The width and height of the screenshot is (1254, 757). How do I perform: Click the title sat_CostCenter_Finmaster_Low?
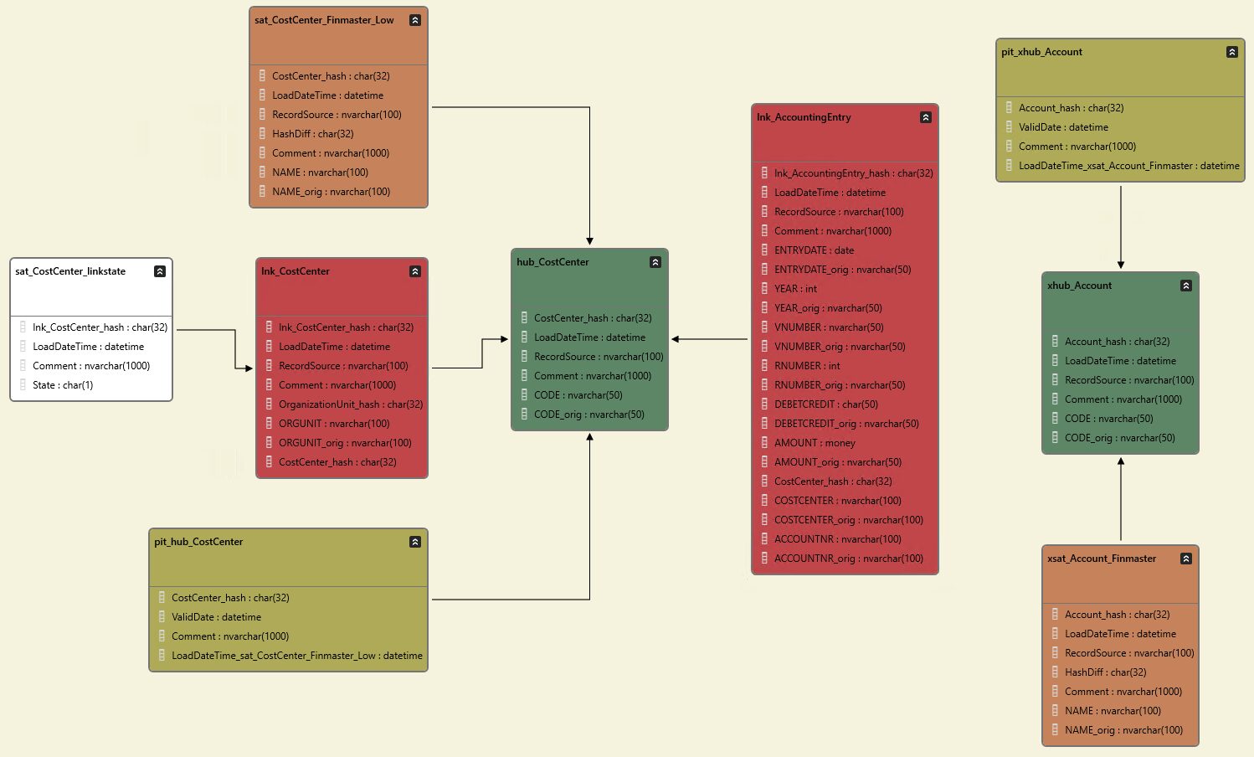tap(324, 20)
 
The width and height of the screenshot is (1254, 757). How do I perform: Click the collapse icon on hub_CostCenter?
tap(655, 262)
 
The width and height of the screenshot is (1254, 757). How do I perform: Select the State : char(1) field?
tap(63, 385)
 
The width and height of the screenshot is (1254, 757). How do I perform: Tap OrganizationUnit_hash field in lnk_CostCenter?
tap(350, 404)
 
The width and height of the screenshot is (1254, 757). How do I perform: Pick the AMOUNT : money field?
tap(815, 443)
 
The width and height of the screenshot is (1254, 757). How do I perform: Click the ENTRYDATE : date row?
tap(814, 250)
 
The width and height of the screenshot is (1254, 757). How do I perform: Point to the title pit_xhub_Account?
tap(1041, 52)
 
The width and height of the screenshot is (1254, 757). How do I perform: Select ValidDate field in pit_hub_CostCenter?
tap(216, 617)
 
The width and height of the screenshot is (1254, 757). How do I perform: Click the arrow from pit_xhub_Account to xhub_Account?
tap(1121, 226)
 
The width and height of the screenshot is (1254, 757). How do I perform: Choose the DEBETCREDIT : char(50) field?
tap(825, 404)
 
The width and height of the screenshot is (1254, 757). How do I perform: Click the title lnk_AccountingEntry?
tap(804, 117)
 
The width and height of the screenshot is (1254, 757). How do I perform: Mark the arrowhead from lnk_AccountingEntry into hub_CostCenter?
tap(676, 339)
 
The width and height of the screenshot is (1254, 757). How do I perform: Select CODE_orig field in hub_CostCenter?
tap(588, 415)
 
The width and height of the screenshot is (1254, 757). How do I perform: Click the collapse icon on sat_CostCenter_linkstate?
tap(160, 271)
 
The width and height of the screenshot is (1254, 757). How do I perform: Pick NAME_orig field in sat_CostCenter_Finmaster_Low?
tap(331, 192)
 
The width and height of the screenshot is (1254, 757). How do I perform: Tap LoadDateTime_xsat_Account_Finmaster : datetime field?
tap(1128, 166)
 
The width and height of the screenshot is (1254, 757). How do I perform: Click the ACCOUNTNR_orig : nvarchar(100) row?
tap(848, 559)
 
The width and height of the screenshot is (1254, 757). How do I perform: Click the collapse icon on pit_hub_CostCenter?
tap(415, 542)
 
